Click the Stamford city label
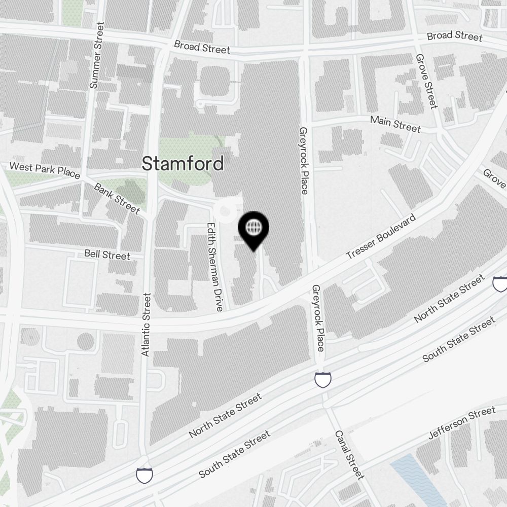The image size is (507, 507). click(x=183, y=163)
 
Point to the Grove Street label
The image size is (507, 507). click(x=426, y=82)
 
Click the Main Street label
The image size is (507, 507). click(x=395, y=124)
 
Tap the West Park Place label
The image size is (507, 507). click(x=45, y=170)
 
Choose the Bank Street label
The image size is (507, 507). click(x=117, y=198)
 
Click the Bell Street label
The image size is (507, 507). click(x=107, y=255)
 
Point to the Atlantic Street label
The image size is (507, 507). click(x=147, y=324)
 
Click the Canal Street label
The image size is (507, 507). click(x=349, y=455)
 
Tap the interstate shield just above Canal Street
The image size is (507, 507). click(x=322, y=379)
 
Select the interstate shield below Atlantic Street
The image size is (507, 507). click(x=144, y=475)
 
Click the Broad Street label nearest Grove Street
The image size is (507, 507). click(x=454, y=36)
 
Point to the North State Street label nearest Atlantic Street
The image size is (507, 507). click(x=225, y=416)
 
